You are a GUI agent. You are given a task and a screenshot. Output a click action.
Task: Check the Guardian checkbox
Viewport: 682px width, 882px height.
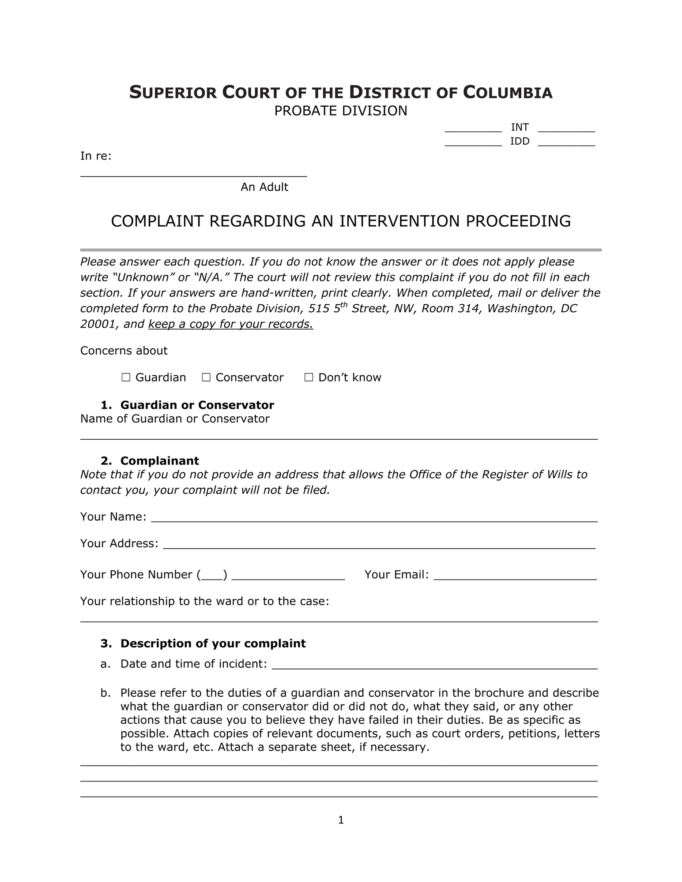pos(126,377)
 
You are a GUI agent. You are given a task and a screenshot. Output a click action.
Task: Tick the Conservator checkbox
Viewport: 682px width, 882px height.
pos(206,377)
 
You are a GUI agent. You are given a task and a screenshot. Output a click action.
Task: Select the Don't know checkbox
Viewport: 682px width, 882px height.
pos(309,377)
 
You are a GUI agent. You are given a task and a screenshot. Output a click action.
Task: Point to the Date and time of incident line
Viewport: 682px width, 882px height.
pos(434,665)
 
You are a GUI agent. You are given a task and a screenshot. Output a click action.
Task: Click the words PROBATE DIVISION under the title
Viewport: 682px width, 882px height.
pos(341,111)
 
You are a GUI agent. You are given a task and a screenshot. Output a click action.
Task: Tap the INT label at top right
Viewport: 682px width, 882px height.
pos(520,127)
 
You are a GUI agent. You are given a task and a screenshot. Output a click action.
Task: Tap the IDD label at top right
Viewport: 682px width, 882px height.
pos(520,142)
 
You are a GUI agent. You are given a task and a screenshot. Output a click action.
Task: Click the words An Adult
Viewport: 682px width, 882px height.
pos(264,187)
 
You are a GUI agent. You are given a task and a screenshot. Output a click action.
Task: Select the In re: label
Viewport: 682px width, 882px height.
pos(96,156)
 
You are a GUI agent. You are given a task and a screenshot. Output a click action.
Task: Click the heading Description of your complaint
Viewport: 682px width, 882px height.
pos(213,643)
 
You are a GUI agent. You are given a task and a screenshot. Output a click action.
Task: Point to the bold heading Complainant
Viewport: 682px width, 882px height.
pos(159,461)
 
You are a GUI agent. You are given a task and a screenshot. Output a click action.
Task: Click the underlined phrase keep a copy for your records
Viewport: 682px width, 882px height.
pos(230,324)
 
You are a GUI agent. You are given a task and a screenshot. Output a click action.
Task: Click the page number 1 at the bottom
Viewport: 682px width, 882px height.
pos(341,820)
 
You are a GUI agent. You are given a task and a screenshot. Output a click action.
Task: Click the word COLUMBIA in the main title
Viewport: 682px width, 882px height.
pos(508,93)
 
